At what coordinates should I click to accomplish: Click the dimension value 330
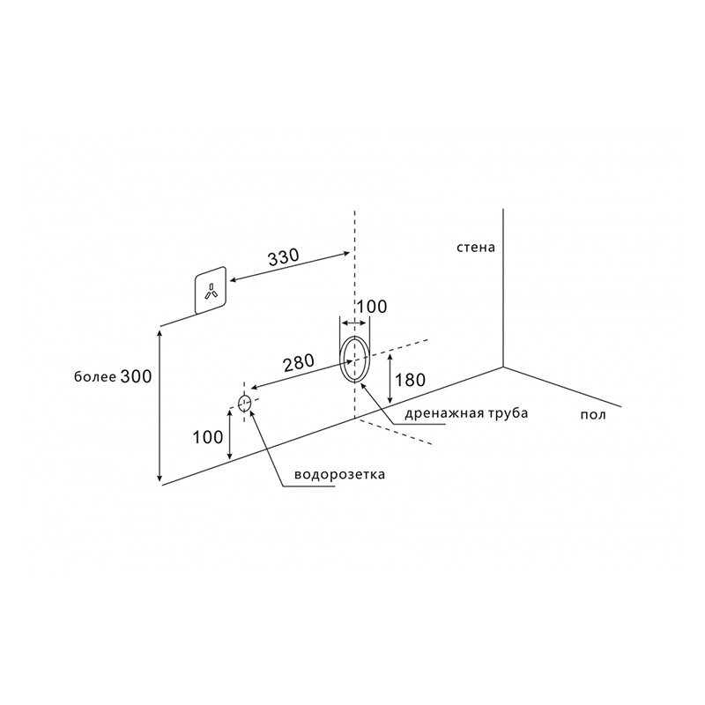click(x=283, y=257)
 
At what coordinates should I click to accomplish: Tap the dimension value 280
click(x=299, y=363)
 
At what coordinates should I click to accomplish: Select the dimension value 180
click(x=410, y=381)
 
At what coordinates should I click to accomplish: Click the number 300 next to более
click(x=137, y=376)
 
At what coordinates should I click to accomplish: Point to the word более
click(x=95, y=377)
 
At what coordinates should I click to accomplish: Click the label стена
click(x=476, y=248)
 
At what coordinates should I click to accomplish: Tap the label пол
click(x=593, y=414)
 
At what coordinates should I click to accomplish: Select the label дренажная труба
click(x=466, y=413)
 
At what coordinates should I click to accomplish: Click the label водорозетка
click(x=339, y=474)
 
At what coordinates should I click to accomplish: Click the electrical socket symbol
click(x=210, y=290)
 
